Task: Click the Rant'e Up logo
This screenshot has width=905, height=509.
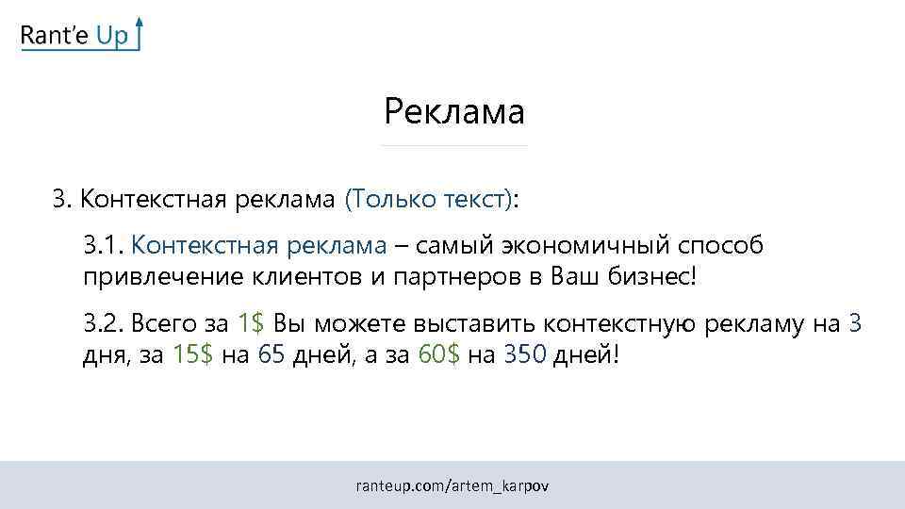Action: point(80,35)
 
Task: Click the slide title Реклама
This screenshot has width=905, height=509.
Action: point(453,112)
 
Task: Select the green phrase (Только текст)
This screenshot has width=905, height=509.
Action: point(429,199)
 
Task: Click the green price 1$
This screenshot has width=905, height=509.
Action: point(251,324)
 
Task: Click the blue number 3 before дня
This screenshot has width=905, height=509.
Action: point(854,324)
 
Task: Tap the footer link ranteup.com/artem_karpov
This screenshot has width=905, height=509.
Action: point(452,486)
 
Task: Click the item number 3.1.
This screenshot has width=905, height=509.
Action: point(103,246)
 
